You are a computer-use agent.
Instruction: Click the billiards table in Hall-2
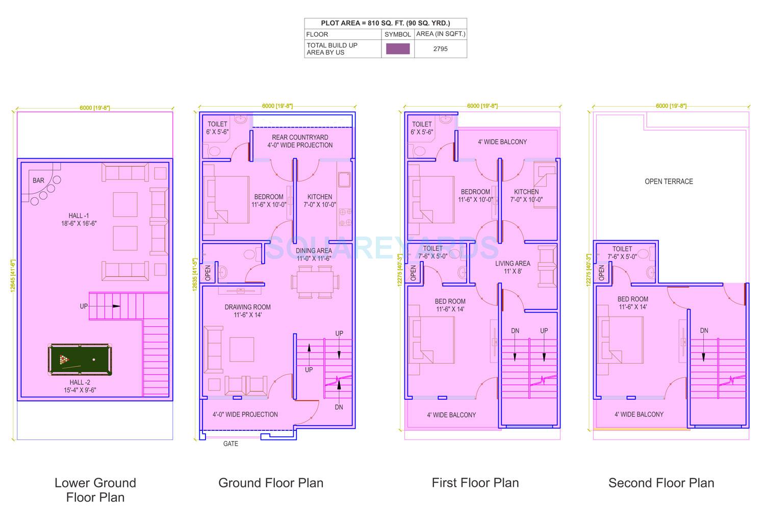click(81, 360)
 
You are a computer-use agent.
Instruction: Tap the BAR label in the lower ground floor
click(38, 180)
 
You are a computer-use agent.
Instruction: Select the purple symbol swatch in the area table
click(398, 49)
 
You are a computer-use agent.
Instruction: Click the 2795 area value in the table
click(440, 49)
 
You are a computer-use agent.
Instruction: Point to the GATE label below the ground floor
click(231, 444)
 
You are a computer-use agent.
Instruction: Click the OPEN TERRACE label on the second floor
click(669, 182)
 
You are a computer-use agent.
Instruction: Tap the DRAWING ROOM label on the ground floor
click(247, 307)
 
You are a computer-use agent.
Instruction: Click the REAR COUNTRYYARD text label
click(300, 138)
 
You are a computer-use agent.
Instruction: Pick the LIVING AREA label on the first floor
click(513, 264)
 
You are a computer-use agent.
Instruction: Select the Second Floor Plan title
click(661, 483)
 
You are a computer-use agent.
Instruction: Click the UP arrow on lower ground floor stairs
click(116, 306)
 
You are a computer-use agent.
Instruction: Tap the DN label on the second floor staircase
click(704, 330)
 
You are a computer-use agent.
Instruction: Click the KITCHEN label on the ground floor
click(320, 197)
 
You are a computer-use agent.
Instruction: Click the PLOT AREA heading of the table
click(385, 23)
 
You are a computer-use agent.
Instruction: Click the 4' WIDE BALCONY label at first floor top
click(502, 142)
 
